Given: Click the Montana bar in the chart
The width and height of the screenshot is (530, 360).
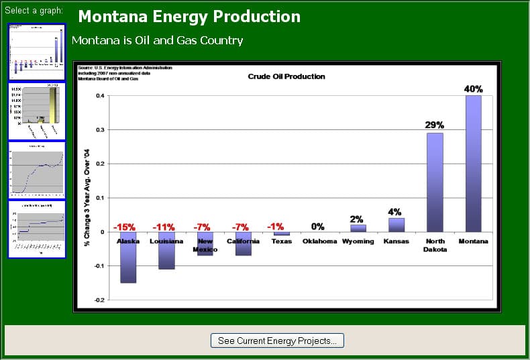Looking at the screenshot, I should (473, 163).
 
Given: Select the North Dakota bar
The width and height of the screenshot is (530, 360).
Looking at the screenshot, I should (435, 182).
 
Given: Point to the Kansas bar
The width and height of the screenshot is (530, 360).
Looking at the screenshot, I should (396, 225).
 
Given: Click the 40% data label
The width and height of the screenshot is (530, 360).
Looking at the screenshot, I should (473, 89).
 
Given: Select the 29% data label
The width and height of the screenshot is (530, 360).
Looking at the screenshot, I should (435, 125).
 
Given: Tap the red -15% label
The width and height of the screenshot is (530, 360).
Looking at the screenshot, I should (125, 227).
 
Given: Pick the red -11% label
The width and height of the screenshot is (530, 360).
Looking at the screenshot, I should (164, 227).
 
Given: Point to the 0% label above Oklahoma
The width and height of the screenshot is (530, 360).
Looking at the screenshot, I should (317, 227).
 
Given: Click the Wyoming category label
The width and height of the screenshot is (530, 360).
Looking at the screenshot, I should (358, 241).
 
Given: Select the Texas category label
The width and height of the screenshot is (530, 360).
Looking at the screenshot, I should (281, 241).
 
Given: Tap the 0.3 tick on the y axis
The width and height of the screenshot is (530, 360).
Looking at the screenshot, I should (99, 129).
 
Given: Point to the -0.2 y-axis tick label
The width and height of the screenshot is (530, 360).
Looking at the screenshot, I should (99, 300).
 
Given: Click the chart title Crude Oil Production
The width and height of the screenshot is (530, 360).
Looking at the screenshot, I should (286, 76).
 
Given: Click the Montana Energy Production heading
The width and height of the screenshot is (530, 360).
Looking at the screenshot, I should (189, 17).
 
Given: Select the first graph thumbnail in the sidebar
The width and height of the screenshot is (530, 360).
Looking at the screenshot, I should (37, 52).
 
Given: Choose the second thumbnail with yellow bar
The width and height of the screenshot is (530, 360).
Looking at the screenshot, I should (37, 111).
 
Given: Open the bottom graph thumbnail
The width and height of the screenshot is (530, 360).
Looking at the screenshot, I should (37, 229).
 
